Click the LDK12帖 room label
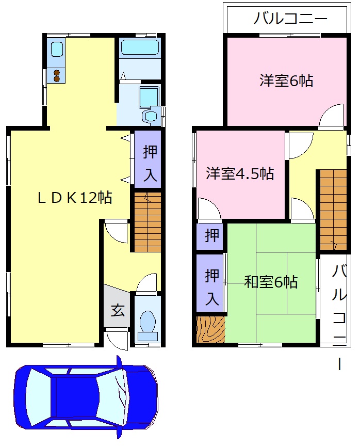tap(75, 198)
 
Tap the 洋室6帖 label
tap(286, 81)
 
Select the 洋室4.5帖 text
tap(240, 173)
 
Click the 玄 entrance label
tap(118, 311)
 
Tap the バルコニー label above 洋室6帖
tap(290, 20)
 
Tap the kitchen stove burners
tap(56, 76)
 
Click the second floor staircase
tap(332, 209)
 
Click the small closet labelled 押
tap(210, 237)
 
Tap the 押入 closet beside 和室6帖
tap(210, 283)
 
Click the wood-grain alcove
tap(211, 329)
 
